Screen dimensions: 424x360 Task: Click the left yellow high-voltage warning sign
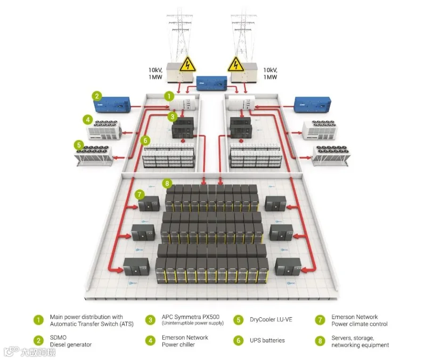pos(188,65)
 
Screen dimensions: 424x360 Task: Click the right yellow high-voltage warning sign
pos(236,65)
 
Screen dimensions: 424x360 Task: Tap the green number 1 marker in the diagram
pos(169,96)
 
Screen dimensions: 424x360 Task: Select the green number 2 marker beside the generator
pos(97,96)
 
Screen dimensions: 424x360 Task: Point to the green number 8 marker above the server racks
pos(167,184)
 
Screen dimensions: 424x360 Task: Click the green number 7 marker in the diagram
pos(139,194)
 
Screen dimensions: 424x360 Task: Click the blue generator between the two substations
pos(212,83)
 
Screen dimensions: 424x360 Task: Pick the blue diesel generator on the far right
pos(312,105)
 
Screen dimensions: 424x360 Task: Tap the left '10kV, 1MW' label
pos(155,73)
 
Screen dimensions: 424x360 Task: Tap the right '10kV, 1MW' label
pos(270,73)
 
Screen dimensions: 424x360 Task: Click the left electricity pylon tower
pos(180,38)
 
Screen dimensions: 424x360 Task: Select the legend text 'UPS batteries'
pos(267,340)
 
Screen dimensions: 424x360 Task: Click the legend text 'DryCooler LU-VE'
pos(271,320)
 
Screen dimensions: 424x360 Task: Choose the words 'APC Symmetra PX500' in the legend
pos(191,317)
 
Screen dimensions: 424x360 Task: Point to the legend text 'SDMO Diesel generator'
pos(71,341)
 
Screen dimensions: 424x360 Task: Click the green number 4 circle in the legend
pos(150,341)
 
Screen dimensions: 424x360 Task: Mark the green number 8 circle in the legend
pos(320,341)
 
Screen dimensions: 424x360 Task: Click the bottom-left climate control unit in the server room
pos(136,266)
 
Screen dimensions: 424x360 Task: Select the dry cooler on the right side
pos(332,156)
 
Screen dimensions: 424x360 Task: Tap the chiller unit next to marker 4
pos(104,130)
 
